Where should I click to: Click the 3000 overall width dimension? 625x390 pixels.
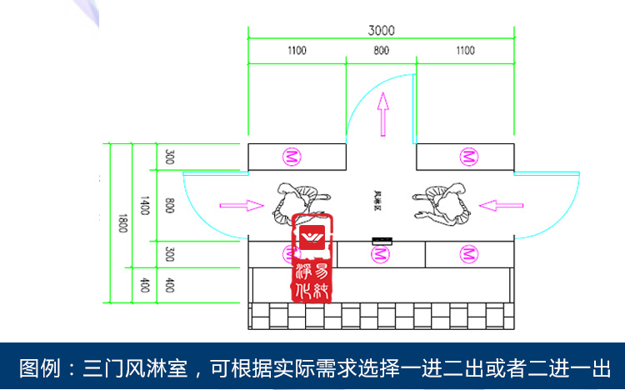pyautogui.click(x=382, y=30)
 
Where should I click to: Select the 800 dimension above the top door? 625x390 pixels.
pyautogui.click(x=382, y=51)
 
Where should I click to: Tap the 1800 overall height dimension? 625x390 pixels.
pyautogui.click(x=122, y=223)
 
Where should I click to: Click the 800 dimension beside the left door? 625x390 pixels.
pyautogui.click(x=169, y=203)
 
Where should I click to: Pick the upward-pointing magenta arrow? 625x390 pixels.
pyautogui.click(x=382, y=113)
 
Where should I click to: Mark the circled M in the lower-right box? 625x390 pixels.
pyautogui.click(x=470, y=253)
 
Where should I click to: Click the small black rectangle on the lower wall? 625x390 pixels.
pyautogui.click(x=382, y=242)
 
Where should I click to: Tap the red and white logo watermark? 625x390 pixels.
pyautogui.click(x=314, y=258)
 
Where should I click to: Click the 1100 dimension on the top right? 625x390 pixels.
pyautogui.click(x=466, y=51)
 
